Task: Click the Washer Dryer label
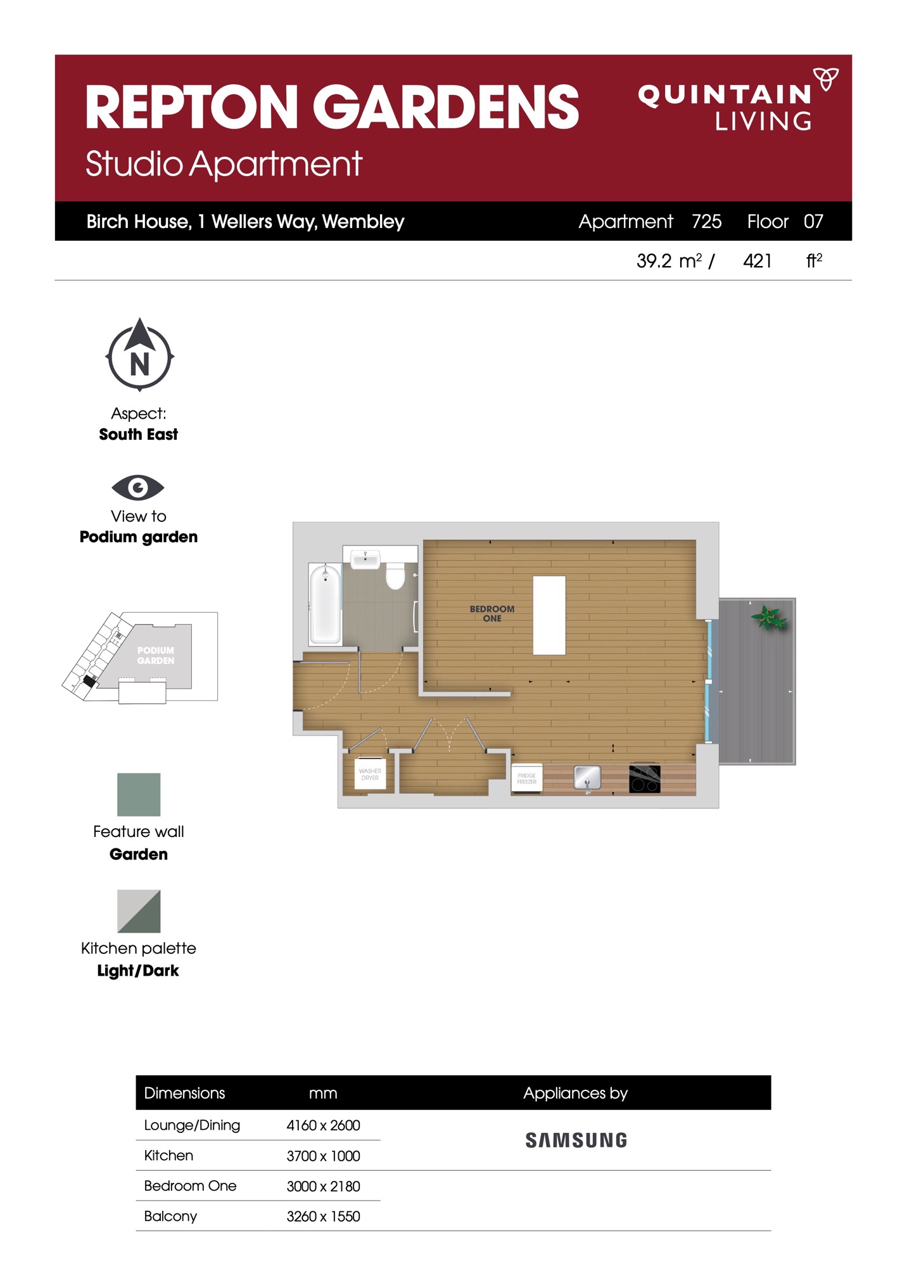[x=370, y=774]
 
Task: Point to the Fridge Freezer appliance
[x=527, y=779]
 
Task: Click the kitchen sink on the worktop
[x=587, y=778]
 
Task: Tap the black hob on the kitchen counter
[x=645, y=779]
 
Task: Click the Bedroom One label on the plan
[x=492, y=613]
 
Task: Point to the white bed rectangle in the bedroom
[x=549, y=615]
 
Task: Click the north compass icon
[x=140, y=355]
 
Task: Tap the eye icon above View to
[x=138, y=487]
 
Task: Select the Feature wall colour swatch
[x=139, y=795]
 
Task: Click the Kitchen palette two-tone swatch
[x=139, y=911]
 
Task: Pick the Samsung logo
[x=576, y=1140]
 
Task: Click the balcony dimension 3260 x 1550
[x=323, y=1216]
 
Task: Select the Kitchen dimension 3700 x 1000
[x=323, y=1156]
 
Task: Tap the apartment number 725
[x=707, y=221]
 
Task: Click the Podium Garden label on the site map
[x=156, y=655]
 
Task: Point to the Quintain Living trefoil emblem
[x=826, y=79]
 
